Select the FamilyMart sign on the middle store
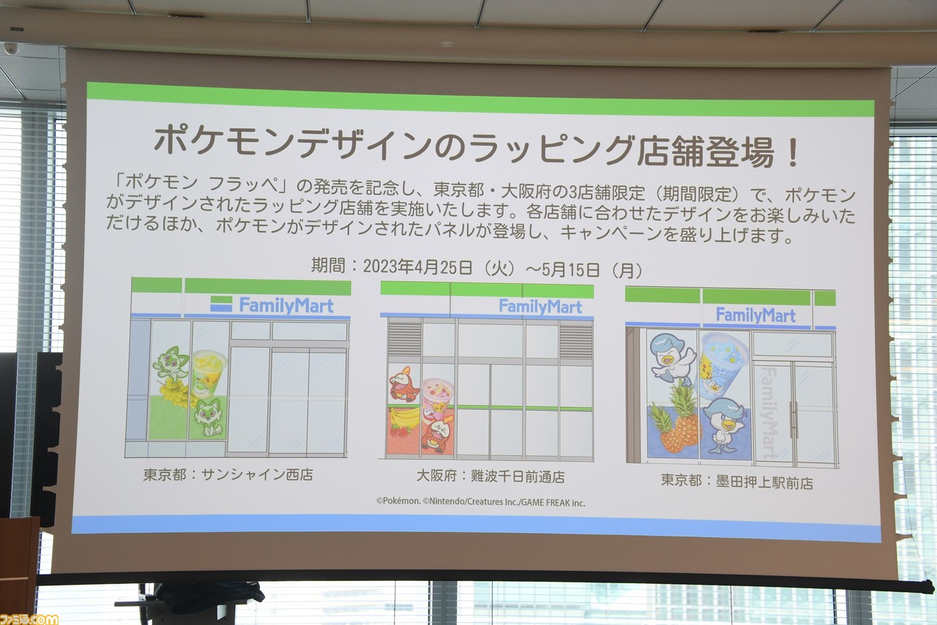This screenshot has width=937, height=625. point(541,306)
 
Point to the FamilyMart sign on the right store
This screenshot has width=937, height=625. point(755,315)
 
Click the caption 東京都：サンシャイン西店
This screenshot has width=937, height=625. point(228,474)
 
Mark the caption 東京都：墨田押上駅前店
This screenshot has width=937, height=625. point(736,482)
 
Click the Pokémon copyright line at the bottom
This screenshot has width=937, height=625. point(481,502)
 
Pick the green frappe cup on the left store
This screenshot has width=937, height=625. point(208,373)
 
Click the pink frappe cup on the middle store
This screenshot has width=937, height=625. point(437,399)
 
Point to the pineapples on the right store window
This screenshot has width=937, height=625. point(676,422)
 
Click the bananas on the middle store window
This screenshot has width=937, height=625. point(405,419)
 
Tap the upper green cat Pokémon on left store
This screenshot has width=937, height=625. point(171,364)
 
